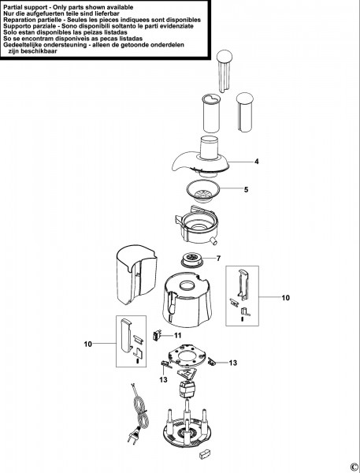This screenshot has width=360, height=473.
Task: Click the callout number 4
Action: (256, 162)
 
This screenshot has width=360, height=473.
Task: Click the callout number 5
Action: (246, 190)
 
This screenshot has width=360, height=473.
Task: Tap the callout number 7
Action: (218, 259)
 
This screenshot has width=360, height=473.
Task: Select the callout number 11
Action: (178, 336)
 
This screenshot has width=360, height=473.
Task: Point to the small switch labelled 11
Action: (156, 335)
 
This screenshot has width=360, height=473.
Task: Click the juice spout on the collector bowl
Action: (213, 240)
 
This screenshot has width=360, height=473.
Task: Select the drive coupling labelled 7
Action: (192, 259)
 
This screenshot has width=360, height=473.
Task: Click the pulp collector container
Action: (136, 274)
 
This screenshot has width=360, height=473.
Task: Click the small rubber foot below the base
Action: (205, 453)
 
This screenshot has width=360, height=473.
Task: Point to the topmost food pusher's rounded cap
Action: (225, 56)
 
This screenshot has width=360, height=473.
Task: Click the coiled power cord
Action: (140, 412)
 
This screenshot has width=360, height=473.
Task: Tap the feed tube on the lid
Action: (210, 147)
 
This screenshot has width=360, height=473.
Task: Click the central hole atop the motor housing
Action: (189, 285)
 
